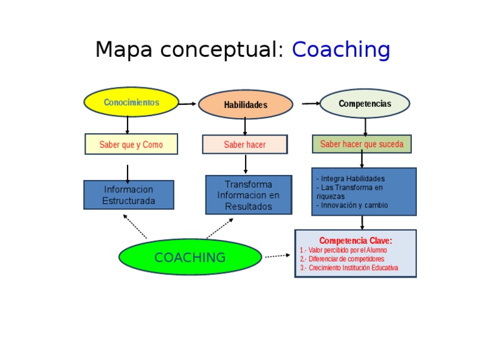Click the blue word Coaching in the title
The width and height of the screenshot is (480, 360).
tap(341, 50)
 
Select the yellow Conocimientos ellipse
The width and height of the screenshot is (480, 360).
tap(131, 102)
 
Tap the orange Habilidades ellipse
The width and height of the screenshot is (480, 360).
tap(246, 105)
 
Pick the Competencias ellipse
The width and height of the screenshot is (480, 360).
tap(365, 104)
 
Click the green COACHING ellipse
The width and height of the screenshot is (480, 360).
tap(190, 257)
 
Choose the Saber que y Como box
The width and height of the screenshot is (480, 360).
tap(131, 144)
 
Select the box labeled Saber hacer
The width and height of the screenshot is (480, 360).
tap(245, 144)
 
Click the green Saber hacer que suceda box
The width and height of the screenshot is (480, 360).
tap(362, 144)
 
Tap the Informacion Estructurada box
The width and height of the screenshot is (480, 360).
tap(129, 195)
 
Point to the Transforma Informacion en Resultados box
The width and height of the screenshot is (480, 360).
tap(248, 195)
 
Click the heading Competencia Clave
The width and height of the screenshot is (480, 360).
tap(356, 241)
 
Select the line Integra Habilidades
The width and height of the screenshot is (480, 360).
tap(351, 179)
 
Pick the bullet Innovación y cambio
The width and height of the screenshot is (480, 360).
tap(352, 205)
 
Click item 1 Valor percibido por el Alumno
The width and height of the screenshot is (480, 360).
tap(343, 250)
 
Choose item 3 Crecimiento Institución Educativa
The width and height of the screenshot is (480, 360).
tap(349, 267)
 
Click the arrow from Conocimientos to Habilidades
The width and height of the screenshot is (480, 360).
tap(187, 104)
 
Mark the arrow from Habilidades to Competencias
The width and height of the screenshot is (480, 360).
tap(311, 104)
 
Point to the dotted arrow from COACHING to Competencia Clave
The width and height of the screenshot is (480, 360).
tap(277, 256)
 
